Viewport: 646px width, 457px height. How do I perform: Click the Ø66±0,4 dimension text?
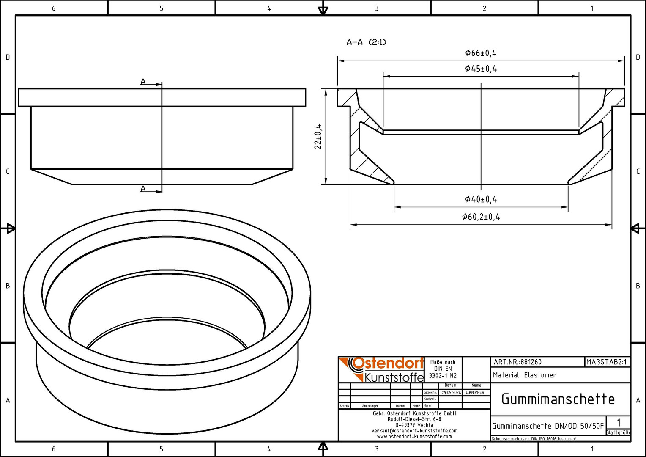point(481,53)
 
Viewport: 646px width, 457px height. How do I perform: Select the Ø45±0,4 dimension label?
point(481,69)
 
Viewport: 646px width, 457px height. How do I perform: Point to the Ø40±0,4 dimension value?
point(481,199)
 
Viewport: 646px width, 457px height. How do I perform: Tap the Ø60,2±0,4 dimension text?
point(481,217)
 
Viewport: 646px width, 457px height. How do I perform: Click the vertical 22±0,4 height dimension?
point(318,137)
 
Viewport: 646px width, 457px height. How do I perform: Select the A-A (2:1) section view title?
point(366,42)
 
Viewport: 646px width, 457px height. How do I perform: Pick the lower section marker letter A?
point(143,189)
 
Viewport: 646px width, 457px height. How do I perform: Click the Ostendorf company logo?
point(381,370)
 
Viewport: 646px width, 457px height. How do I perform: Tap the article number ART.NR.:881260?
point(517,362)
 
